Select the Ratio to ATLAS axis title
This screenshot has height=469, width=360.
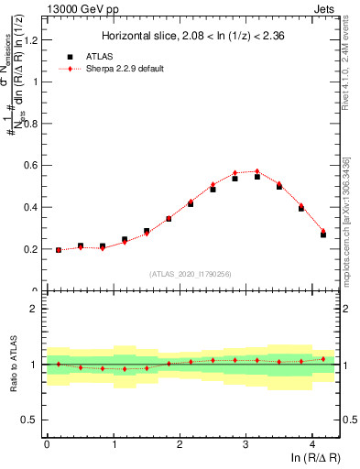tap(12, 364)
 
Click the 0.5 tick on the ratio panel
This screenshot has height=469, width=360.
tap(32, 420)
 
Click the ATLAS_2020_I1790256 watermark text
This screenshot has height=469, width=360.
tap(192, 273)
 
